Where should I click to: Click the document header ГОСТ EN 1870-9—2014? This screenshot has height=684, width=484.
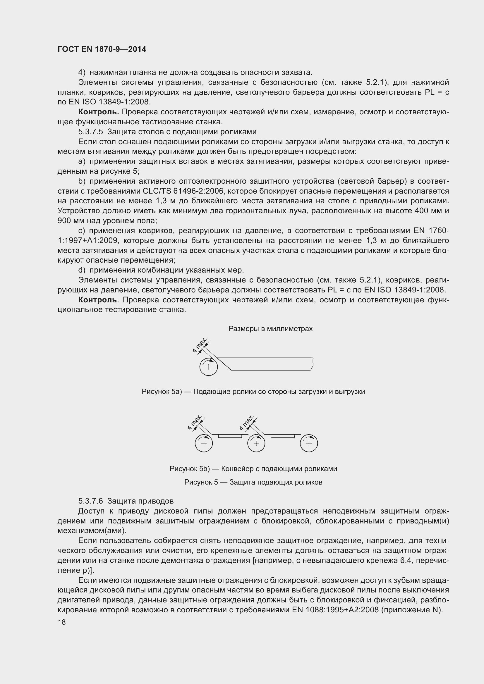tap(102, 49)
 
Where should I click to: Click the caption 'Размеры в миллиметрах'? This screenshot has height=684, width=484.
tap(270, 329)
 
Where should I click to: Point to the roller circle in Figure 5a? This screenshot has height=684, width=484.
tap(208, 367)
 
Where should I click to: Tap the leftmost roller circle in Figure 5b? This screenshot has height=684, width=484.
tap(204, 443)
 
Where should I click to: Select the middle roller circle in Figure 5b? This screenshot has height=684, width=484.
tap(256, 443)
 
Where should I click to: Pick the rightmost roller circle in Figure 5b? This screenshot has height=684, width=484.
tap(309, 443)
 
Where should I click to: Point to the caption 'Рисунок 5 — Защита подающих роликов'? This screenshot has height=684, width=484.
tap(253, 482)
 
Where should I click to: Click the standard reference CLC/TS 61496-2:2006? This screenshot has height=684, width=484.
tap(183, 191)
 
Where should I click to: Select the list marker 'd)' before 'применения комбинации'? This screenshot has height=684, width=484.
tap(82, 270)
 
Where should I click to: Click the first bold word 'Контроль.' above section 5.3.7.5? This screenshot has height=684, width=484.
tap(99, 112)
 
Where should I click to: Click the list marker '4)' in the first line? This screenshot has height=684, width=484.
tap(82, 73)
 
